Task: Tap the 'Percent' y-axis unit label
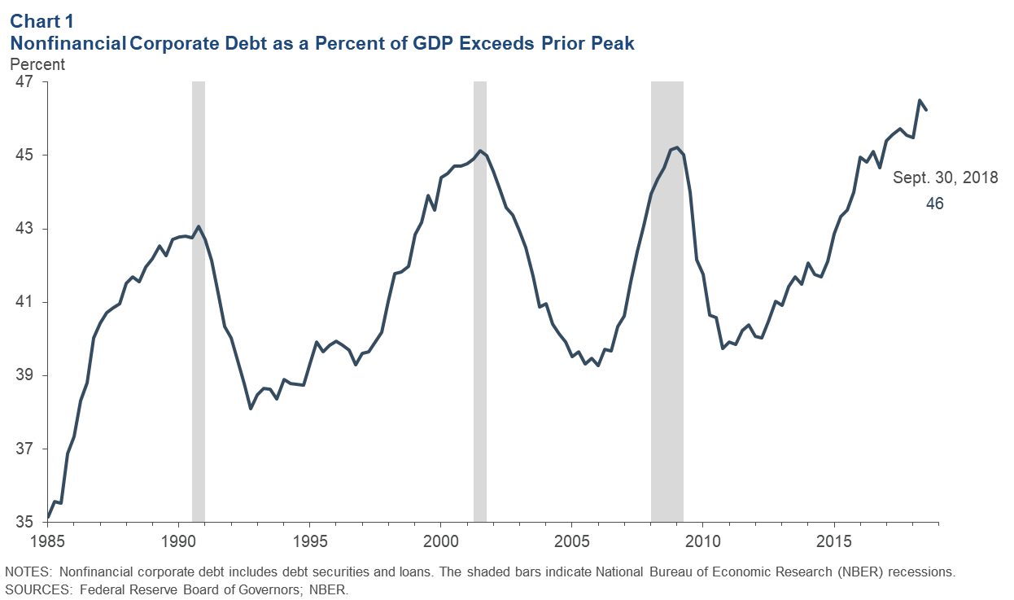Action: point(37,64)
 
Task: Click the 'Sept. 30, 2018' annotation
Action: point(946,177)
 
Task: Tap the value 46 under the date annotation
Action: point(934,204)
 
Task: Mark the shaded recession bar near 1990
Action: point(198,301)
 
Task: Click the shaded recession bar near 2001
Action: point(480,301)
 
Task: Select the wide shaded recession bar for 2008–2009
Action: point(667,301)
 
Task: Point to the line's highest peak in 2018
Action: point(920,101)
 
